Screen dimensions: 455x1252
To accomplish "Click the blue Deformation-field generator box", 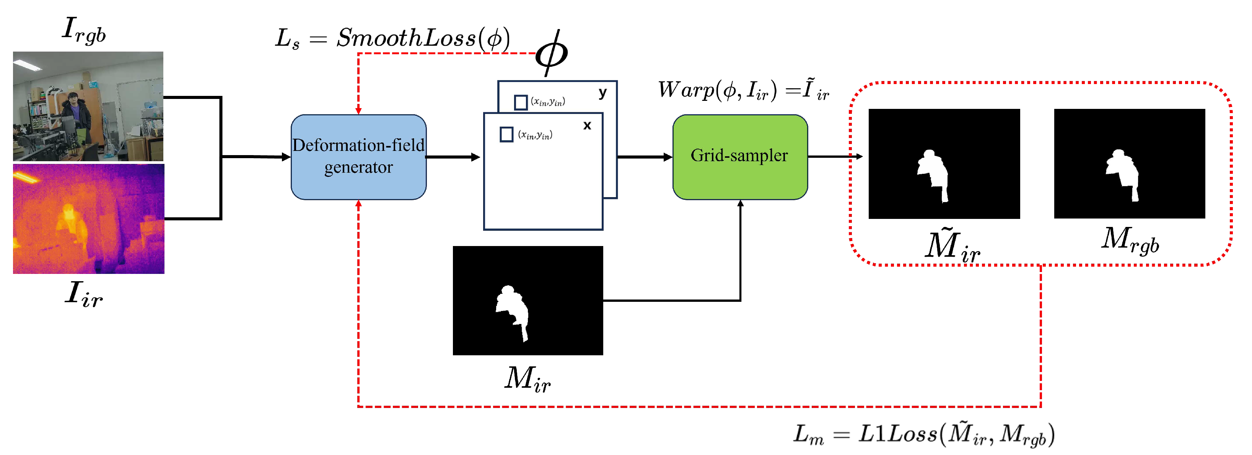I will (x=358, y=157).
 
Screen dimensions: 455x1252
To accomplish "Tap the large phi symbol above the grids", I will (x=551, y=52).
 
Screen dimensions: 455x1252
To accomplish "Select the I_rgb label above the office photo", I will (x=84, y=30).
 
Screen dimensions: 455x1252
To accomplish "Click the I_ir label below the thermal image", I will (x=84, y=294).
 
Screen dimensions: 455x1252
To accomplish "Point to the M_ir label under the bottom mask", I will (x=528, y=378).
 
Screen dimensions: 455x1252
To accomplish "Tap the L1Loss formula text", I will (x=923, y=434).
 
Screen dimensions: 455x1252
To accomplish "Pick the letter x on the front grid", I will (x=587, y=125).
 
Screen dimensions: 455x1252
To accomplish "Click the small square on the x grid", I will (x=506, y=134).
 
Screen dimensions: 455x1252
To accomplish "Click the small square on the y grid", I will (x=521, y=102).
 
